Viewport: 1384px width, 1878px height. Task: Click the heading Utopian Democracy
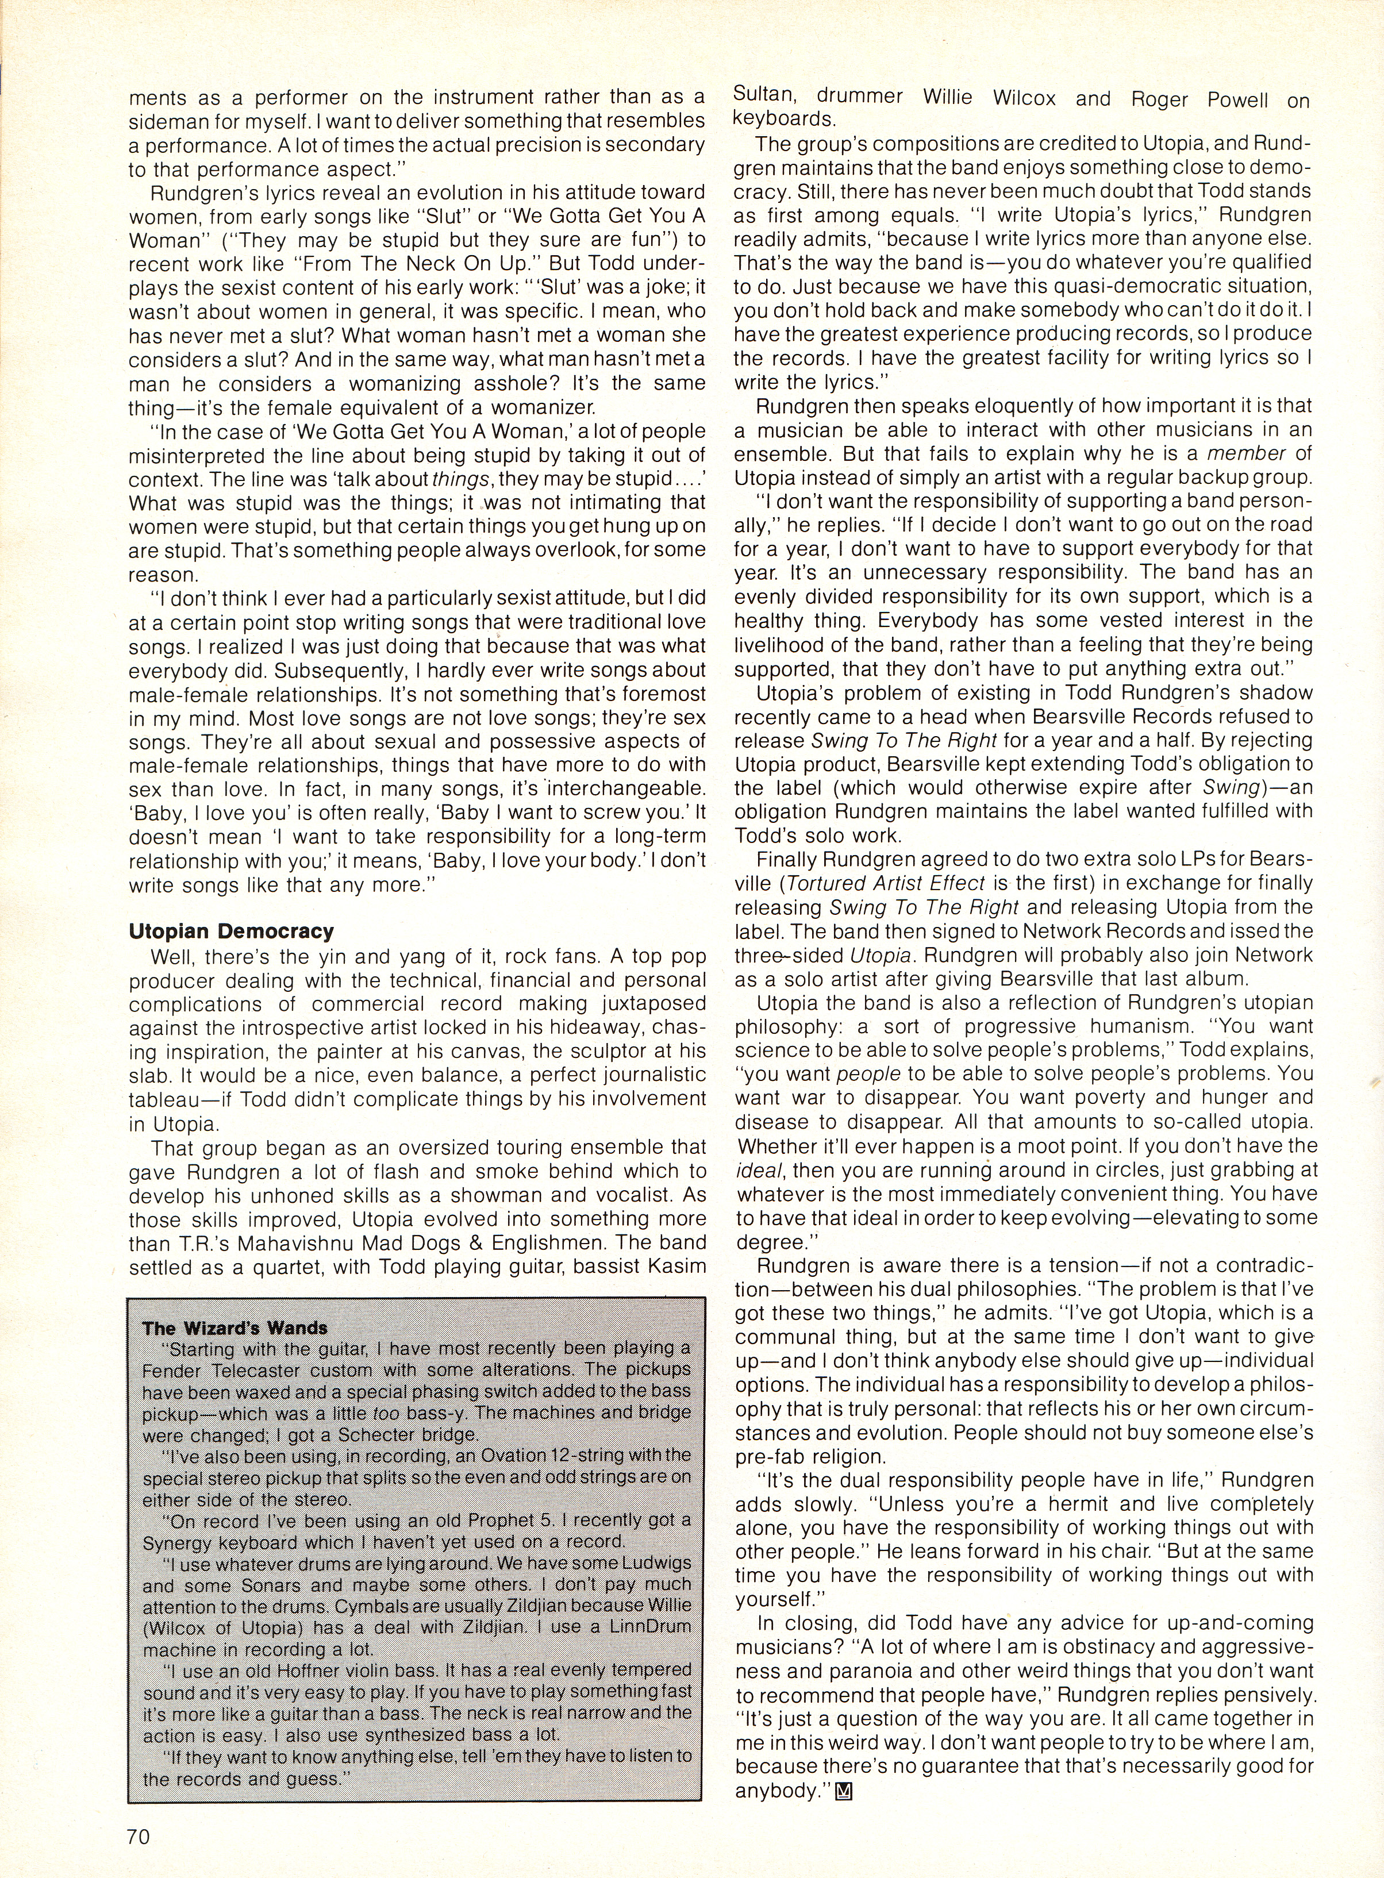[231, 932]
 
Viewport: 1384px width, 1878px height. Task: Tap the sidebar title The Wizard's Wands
[236, 1327]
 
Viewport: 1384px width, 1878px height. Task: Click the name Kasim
[674, 1267]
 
